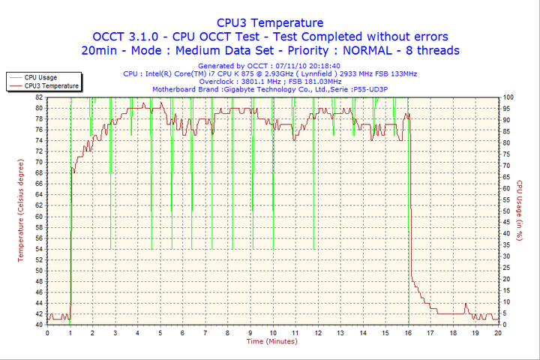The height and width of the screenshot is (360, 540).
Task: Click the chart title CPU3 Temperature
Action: (x=270, y=23)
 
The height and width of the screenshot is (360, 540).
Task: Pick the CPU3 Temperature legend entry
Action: (x=51, y=85)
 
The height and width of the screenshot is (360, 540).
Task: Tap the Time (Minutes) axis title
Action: (x=272, y=341)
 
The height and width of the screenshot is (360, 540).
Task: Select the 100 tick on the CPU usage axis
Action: (x=508, y=97)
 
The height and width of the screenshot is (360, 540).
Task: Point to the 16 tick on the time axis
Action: (x=409, y=332)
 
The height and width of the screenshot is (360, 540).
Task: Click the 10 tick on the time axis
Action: (x=273, y=332)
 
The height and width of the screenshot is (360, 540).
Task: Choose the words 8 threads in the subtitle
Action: (x=430, y=50)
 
